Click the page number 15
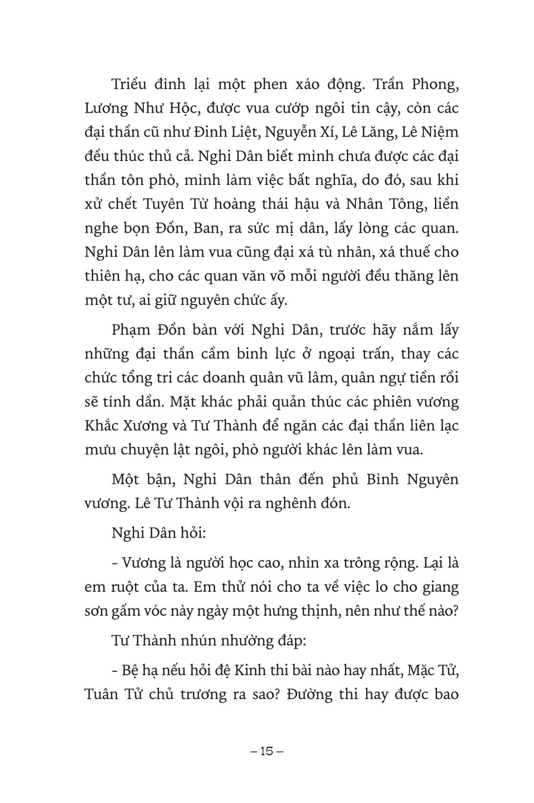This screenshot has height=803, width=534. click(x=267, y=751)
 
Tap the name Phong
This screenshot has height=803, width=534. click(x=433, y=84)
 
